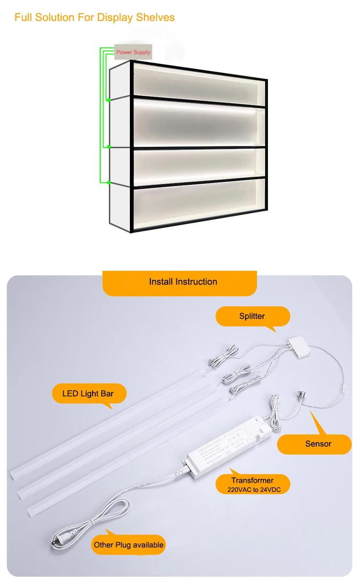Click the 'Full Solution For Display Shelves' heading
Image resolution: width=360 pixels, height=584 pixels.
[x=94, y=18]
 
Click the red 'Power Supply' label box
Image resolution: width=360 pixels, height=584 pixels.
[x=133, y=52]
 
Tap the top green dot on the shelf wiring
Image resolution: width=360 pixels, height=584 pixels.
[x=108, y=99]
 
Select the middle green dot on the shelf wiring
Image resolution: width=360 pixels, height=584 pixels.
[x=108, y=147]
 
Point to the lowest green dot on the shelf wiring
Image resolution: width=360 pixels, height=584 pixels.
[x=108, y=182]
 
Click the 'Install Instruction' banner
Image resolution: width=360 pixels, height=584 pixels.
[x=183, y=282]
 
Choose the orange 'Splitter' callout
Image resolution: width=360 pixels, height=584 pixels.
[x=252, y=316]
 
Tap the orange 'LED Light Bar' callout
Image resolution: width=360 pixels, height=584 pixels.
[x=88, y=393]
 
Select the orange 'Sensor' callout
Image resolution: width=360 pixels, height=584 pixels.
[x=318, y=444]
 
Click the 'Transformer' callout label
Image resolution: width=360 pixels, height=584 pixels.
[x=252, y=481]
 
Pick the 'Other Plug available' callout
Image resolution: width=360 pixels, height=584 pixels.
[x=129, y=545]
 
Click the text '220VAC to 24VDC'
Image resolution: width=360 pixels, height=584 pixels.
[x=252, y=490]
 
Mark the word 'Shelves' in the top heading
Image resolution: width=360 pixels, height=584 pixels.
[x=157, y=18]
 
